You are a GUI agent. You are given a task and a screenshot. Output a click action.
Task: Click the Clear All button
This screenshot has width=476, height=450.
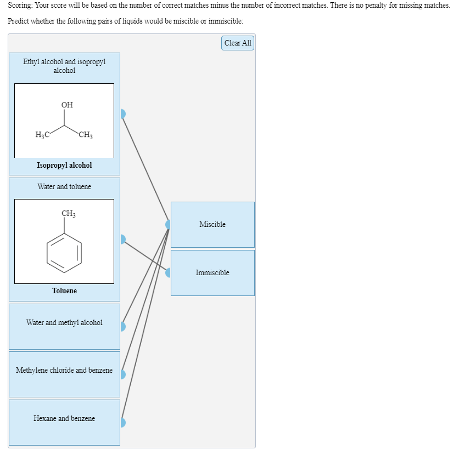(238, 43)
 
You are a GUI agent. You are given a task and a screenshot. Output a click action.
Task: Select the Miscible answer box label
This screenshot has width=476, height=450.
(212, 224)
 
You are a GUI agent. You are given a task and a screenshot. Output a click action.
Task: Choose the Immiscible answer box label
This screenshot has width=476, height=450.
(212, 272)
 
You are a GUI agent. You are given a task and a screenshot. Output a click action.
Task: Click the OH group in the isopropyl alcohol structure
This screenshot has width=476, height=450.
(67, 105)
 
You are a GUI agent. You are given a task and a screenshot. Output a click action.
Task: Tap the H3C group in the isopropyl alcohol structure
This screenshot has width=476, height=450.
(42, 135)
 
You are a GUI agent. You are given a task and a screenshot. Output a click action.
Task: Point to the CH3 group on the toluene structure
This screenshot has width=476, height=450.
(69, 213)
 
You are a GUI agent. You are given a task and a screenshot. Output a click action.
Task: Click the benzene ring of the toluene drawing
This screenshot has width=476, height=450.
(65, 252)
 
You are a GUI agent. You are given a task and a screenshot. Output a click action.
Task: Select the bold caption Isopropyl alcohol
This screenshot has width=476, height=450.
(64, 165)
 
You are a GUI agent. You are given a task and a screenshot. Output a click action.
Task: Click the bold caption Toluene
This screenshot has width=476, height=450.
(64, 290)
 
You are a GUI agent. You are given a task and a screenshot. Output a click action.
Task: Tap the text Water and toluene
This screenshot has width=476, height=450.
(64, 186)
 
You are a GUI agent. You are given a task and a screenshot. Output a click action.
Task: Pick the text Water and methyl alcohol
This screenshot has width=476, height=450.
(64, 322)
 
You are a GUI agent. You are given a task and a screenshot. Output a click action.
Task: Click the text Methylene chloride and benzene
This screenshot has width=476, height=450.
(64, 370)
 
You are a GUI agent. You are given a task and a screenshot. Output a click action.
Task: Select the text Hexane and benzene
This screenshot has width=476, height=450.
(64, 418)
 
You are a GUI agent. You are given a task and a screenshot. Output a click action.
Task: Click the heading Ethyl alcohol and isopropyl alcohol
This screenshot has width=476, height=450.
(64, 66)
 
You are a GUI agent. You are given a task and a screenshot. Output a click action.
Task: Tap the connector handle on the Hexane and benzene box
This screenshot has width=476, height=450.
(122, 423)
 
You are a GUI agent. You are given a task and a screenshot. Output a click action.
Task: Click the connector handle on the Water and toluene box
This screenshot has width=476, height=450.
(122, 239)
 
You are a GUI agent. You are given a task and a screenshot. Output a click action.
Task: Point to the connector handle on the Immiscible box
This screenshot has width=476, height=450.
(169, 272)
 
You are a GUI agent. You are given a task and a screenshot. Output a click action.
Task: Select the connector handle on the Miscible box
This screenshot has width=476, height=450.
(169, 224)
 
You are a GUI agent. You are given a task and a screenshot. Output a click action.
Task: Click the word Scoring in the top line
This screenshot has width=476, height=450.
(21, 5)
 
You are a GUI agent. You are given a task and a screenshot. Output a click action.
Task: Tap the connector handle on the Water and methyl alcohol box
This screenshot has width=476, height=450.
(122, 326)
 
